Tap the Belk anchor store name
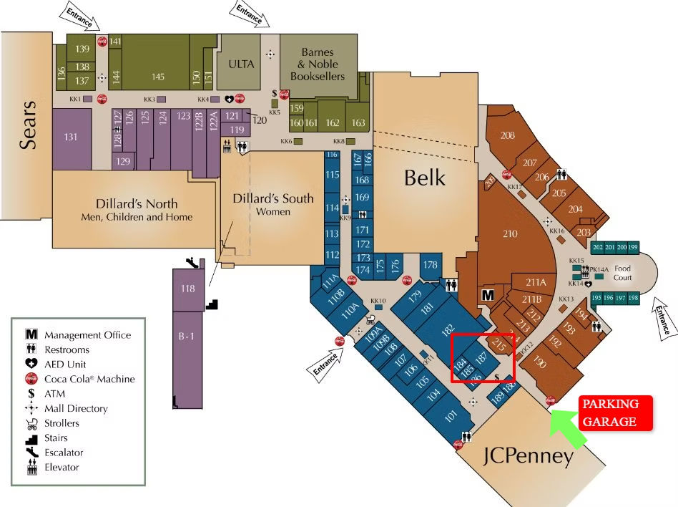point(424,178)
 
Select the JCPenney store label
point(529,457)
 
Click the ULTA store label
point(241,64)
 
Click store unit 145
point(158,77)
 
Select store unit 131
point(70,137)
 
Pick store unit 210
point(510,233)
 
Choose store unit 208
point(508,136)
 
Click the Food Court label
point(622,273)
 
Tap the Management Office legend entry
point(87,335)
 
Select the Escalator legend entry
point(64,453)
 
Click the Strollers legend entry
point(62,423)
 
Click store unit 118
point(187,289)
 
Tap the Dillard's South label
point(273,203)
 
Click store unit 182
point(448,330)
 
